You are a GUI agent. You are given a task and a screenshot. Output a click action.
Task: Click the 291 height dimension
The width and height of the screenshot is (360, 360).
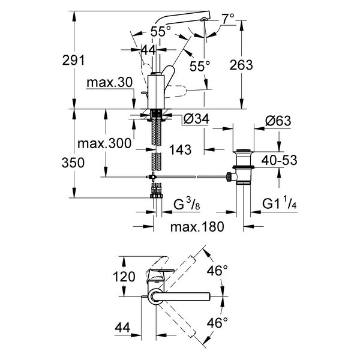click(73, 61)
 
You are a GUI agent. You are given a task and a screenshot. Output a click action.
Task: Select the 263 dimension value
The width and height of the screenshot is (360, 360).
click(241, 65)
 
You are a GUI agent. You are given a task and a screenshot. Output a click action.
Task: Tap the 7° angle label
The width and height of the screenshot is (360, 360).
click(228, 19)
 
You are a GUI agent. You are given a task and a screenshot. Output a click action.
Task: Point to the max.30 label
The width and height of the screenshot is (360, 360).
click(110, 82)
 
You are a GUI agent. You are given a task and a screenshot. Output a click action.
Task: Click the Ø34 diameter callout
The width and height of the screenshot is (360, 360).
click(197, 119)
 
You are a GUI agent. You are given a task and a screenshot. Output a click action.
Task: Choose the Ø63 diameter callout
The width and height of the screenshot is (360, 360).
click(278, 121)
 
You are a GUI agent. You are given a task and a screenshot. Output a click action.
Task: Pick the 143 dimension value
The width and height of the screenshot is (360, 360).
click(180, 149)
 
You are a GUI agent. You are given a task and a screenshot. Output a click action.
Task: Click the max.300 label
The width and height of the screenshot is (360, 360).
click(104, 143)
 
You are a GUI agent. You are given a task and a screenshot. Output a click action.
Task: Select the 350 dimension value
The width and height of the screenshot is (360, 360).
click(73, 163)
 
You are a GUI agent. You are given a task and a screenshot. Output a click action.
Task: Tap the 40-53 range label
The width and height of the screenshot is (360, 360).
click(279, 160)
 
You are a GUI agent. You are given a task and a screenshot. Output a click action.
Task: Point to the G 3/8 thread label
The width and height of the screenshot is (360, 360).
click(187, 204)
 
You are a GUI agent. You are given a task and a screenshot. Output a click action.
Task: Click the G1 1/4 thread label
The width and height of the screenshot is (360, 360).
click(280, 203)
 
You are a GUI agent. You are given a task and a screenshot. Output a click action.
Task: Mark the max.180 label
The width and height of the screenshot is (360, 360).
click(197, 227)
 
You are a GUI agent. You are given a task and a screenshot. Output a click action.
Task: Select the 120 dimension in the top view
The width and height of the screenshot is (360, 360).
click(124, 277)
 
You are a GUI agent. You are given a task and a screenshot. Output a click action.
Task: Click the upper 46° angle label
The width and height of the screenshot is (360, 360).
click(217, 271)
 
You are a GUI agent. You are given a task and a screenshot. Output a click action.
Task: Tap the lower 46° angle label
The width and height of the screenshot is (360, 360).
click(217, 323)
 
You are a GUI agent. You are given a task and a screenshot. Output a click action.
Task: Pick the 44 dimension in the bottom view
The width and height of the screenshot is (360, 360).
click(122, 328)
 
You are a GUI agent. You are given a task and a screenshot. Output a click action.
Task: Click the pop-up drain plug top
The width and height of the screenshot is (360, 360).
click(244, 151)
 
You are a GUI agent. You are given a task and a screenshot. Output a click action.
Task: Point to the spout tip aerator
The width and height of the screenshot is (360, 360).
click(203, 20)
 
